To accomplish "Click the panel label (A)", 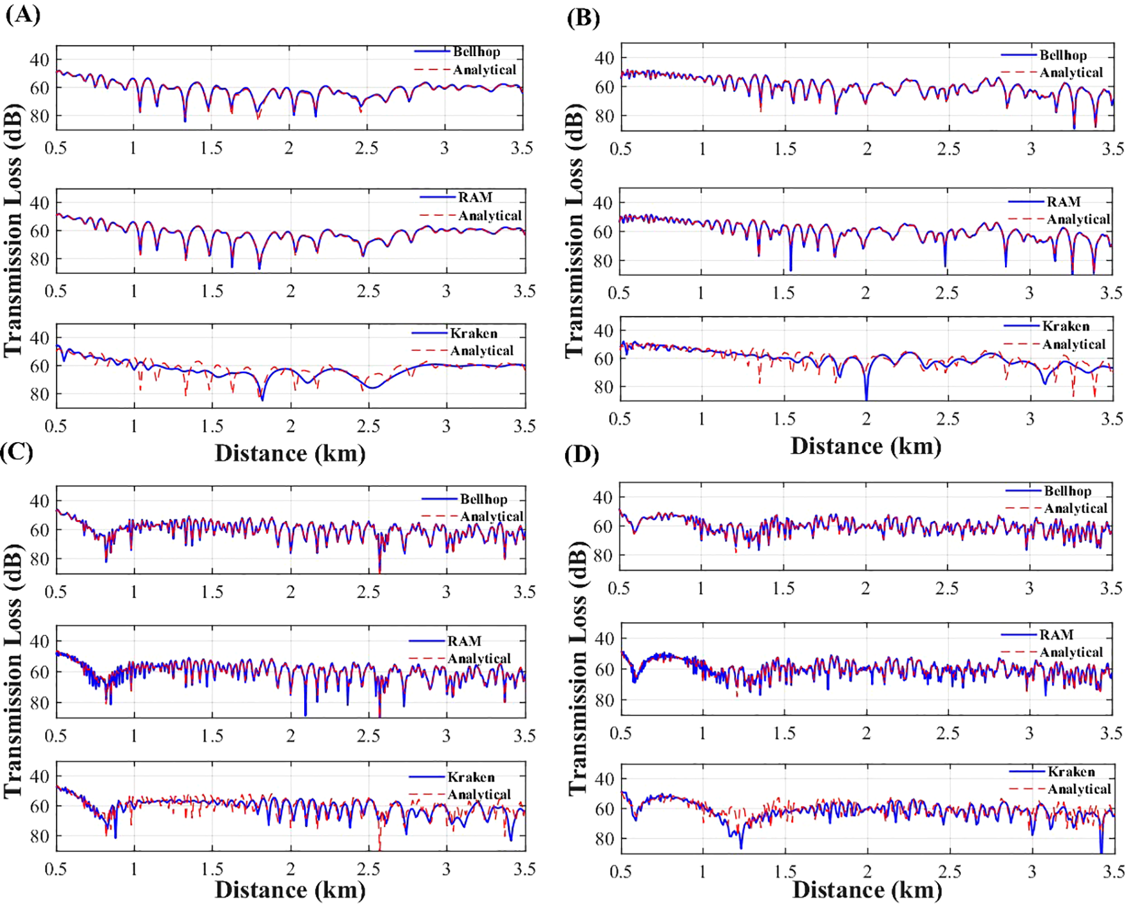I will [x=23, y=13].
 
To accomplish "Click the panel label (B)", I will [x=583, y=17].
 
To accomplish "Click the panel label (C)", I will [x=17, y=451].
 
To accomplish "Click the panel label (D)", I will [x=582, y=455].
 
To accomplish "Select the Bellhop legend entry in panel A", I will [x=476, y=52].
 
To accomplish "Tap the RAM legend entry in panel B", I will [x=1063, y=202].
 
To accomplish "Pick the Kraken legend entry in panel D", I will [x=1071, y=771].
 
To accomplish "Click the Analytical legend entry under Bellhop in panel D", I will [x=1075, y=509].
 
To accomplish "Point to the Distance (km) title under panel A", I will [x=290, y=453].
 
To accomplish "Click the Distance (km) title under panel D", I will [x=867, y=889].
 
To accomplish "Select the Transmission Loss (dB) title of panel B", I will [x=575, y=230].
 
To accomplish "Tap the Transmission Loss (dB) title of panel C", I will [x=13, y=670].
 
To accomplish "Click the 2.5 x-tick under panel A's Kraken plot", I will [x=368, y=426].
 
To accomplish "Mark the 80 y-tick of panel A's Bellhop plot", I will [x=40, y=115].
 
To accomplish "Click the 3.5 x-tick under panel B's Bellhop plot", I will [x=1113, y=149].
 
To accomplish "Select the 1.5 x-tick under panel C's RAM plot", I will [x=212, y=736].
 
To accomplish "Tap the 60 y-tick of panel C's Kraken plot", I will [x=40, y=806].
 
